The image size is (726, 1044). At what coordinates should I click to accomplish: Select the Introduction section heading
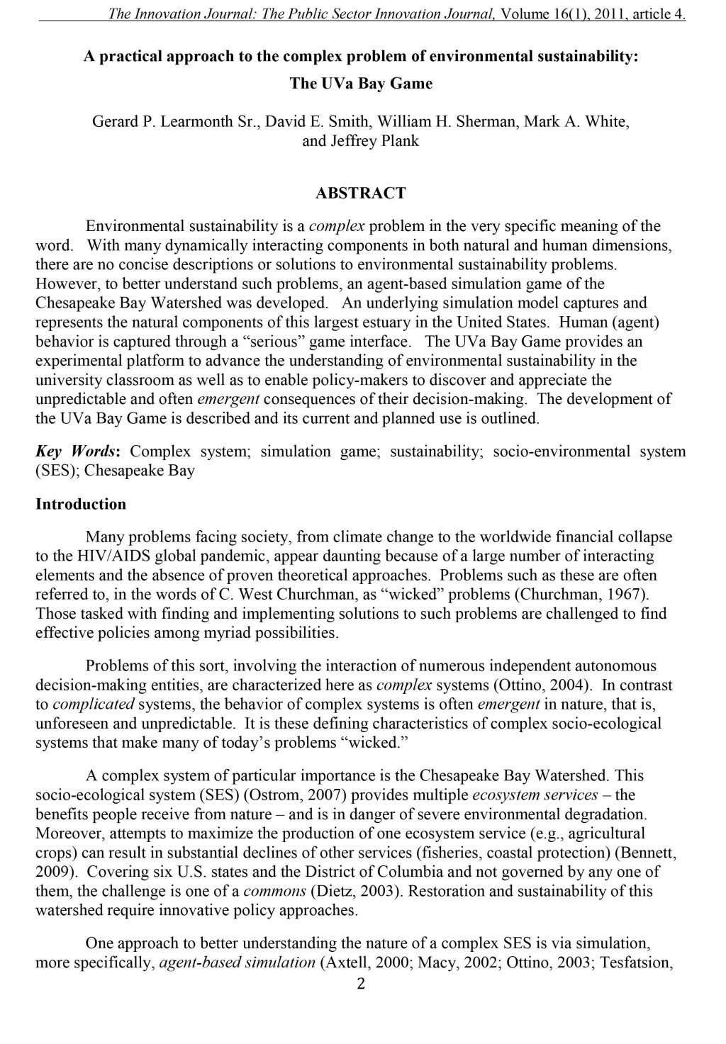tap(81, 504)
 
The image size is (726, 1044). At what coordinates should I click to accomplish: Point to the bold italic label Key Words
tap(77, 451)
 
